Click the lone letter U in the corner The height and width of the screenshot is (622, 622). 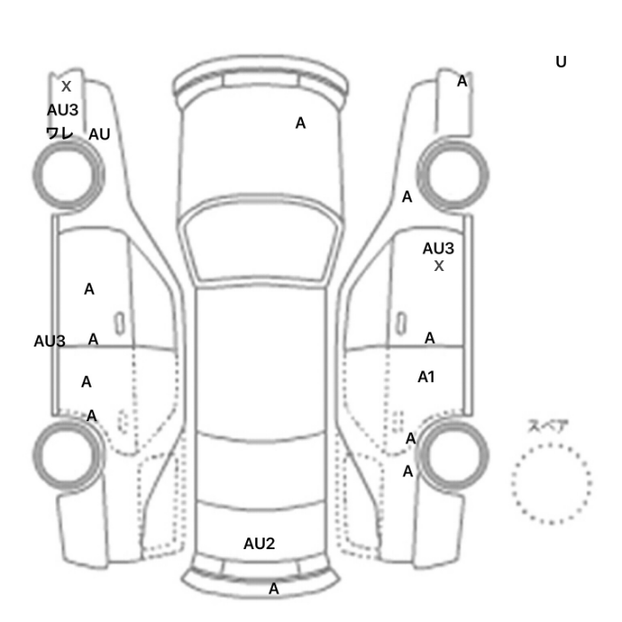coord(561,62)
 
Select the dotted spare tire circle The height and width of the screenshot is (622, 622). coord(551,483)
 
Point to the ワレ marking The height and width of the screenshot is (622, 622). coord(60,133)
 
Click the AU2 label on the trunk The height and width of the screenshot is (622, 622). coord(259,544)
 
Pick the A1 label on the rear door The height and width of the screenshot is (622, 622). coord(426,377)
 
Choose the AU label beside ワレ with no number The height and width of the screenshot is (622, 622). coord(100,134)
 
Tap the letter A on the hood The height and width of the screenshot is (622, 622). coord(300,123)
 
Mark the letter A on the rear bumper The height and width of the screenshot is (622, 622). coord(274,588)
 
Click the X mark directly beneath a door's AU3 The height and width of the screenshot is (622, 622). coord(439,266)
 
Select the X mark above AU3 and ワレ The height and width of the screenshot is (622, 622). coord(67,86)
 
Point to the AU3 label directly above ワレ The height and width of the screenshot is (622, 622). coord(63,110)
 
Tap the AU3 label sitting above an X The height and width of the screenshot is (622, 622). coord(438,249)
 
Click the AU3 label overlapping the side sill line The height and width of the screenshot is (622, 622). coord(49,341)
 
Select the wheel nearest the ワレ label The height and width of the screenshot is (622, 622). coord(68,174)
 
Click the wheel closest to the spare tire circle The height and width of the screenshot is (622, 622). coord(452,456)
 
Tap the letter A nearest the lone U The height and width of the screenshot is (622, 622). coord(462,81)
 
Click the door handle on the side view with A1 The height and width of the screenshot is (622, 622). coord(402,323)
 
